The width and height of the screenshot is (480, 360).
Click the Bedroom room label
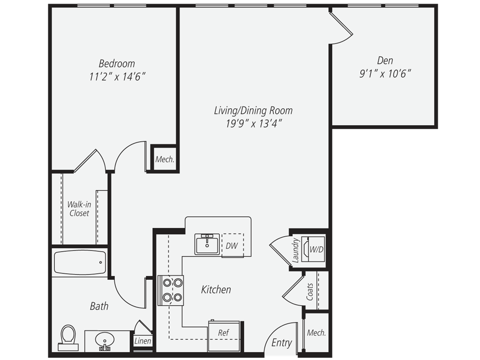(117, 64)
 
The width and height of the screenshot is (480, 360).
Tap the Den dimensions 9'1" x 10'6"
(385, 74)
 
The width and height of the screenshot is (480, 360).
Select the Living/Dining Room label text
(253, 111)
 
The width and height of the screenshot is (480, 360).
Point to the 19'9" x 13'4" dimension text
(254, 124)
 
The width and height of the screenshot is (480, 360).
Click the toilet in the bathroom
(68, 337)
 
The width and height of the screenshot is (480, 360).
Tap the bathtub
(80, 263)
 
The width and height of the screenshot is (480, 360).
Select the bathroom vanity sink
(105, 341)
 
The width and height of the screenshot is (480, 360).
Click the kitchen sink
(207, 244)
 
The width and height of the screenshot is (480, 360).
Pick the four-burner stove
(171, 290)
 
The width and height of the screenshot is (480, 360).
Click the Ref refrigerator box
(224, 336)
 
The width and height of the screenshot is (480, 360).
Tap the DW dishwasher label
(232, 246)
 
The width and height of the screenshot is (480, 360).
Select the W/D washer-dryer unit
(313, 249)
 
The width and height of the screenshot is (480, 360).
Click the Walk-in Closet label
(79, 209)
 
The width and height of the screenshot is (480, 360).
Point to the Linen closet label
(143, 341)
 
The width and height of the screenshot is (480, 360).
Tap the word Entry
(282, 343)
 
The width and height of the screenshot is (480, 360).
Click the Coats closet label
(310, 292)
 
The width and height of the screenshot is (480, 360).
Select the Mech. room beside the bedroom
(165, 159)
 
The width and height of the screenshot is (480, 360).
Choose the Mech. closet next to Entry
(316, 333)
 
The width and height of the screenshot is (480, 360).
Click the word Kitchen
(216, 290)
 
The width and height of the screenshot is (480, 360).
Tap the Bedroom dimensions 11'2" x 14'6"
(117, 76)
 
